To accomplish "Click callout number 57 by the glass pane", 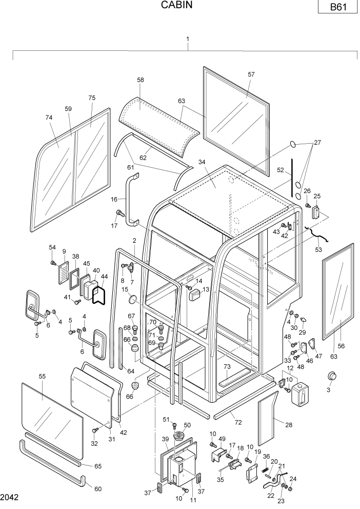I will (x=251, y=74).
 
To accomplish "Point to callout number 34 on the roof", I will (x=202, y=162).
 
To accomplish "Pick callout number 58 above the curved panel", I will (x=141, y=80).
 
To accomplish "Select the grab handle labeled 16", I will (x=133, y=200).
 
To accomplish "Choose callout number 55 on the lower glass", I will (x=42, y=376).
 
